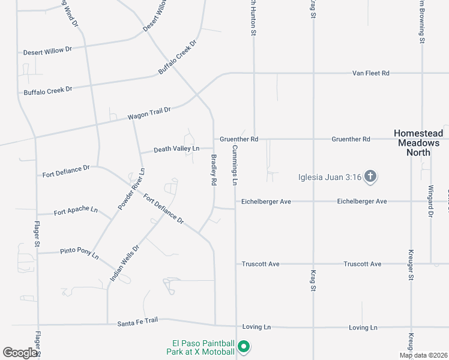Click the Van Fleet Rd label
pos(370,73)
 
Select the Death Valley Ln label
pos(176,149)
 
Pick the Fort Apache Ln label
pos(76,211)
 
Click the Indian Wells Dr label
pos(125,263)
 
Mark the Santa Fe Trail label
pos(137,321)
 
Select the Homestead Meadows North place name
pos(418,143)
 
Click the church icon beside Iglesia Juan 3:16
pos(371,176)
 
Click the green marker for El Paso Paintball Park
pos(244,347)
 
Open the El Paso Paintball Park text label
pos(201,347)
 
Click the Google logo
pos(20,353)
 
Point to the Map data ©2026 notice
pos(424,355)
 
